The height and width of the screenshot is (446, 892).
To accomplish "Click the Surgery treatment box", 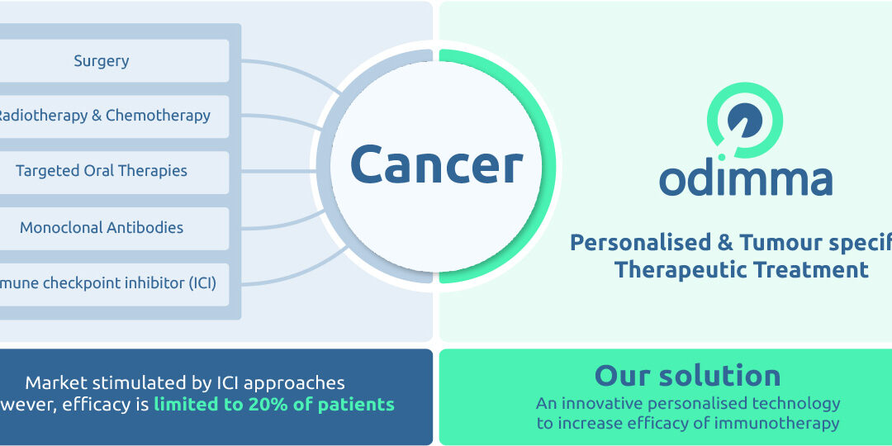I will (102, 60).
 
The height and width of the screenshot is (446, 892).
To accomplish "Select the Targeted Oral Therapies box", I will (102, 172).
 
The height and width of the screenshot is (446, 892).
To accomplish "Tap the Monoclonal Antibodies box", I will (102, 227).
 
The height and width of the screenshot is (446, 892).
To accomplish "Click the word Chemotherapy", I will (158, 116).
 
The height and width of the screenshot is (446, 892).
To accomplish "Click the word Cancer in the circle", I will (436, 164).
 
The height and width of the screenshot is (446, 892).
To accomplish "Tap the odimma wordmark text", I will (745, 179).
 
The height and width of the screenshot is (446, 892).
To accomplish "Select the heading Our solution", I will (687, 376).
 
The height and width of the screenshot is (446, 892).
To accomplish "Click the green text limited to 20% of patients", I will (273, 404).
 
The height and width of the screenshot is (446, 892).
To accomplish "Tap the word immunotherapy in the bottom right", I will (780, 424).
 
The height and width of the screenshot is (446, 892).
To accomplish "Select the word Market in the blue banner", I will (57, 382).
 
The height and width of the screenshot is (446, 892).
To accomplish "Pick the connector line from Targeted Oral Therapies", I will (273, 172).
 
